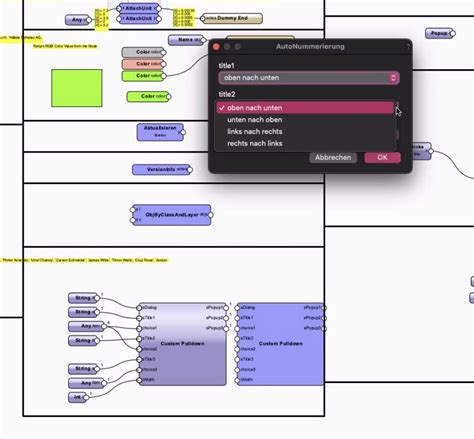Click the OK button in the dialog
pos(382,157)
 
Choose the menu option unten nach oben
pos(256,120)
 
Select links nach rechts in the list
pos(256,132)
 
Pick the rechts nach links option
pos(256,144)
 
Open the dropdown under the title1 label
pos(308,77)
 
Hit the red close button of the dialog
pos(215,46)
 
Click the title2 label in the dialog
pos(226,93)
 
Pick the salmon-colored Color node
pos(142,64)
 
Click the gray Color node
pos(142,52)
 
